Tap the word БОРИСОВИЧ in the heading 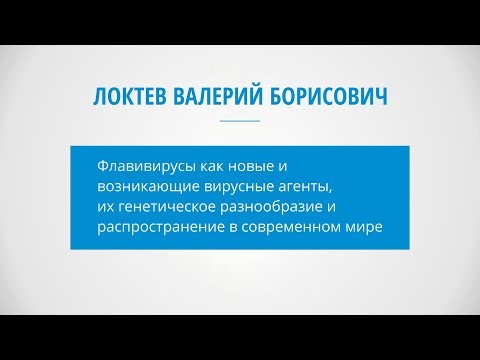tap(328, 97)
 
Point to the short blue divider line tap(239, 121)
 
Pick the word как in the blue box tap(213, 162)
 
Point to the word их tap(105, 207)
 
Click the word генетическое tap(165, 207)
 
